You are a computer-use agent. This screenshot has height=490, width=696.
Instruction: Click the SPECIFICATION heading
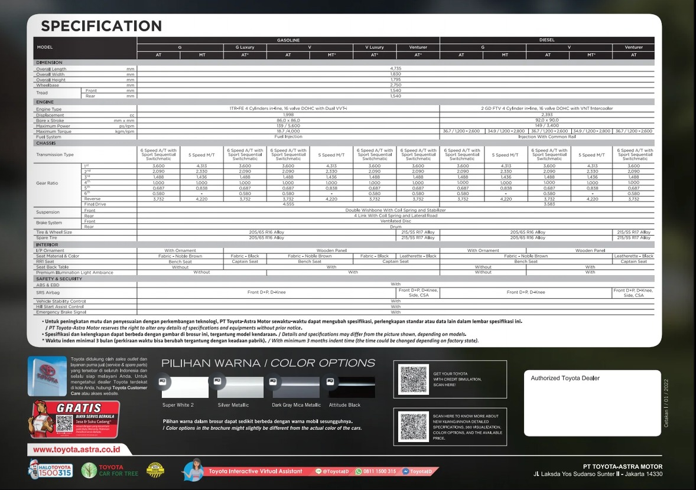(101, 26)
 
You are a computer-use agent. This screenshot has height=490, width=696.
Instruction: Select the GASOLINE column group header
(288, 40)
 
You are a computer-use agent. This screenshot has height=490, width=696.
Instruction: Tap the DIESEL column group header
(547, 40)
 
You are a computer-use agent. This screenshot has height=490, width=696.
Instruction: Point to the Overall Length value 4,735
(395, 69)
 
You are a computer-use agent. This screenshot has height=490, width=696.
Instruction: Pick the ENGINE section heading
(45, 102)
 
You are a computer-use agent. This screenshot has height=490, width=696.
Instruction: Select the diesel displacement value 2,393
(547, 115)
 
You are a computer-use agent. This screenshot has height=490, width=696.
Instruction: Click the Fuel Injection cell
(288, 137)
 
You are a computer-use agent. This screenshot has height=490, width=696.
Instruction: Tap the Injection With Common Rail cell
(547, 137)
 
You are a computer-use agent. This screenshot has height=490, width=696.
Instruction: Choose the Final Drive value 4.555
(288, 204)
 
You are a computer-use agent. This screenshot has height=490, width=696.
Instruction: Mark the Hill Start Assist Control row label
(60, 306)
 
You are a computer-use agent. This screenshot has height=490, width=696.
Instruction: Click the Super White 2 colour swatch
(185, 387)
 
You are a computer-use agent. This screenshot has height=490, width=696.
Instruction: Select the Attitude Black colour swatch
(352, 387)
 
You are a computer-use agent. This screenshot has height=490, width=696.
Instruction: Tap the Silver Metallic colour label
(233, 405)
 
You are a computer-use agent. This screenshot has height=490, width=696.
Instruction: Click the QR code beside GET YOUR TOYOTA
(414, 380)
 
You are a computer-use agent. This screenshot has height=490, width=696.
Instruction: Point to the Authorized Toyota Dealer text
(565, 378)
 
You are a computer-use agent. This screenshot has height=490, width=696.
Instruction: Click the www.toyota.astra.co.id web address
(77, 449)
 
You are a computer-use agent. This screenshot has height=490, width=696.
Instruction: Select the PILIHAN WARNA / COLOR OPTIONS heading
(268, 363)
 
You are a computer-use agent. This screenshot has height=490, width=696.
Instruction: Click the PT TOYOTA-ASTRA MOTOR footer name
(622, 466)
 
